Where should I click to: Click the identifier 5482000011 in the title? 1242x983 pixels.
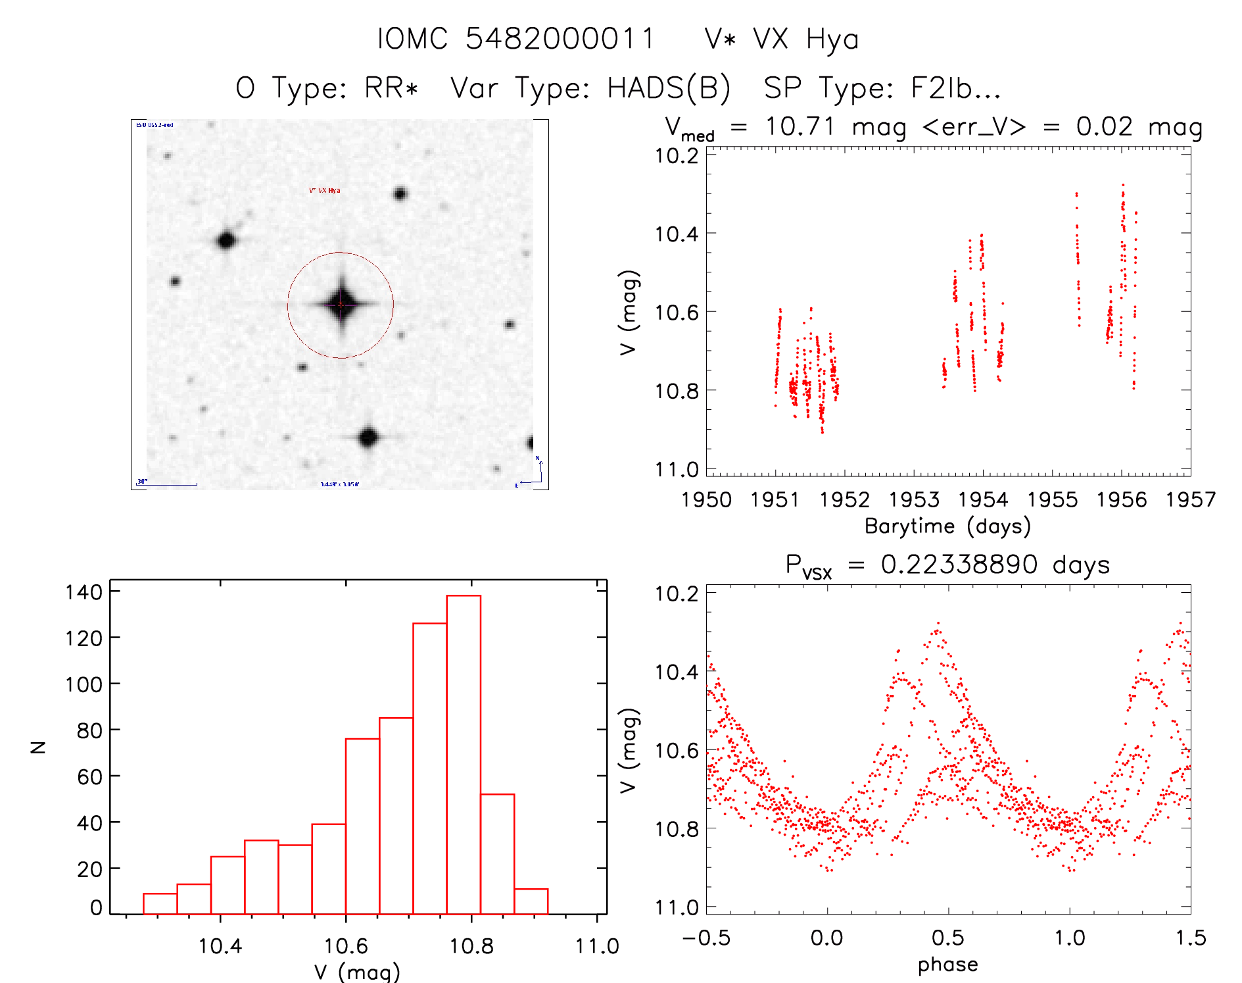point(560,39)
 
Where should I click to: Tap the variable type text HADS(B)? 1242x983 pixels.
point(669,88)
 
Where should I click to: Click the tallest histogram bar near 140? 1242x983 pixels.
point(464,754)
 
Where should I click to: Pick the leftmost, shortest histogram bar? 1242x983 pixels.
point(160,903)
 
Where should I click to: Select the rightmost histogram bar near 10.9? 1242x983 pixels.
point(531,901)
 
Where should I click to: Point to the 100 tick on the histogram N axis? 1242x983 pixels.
point(84,684)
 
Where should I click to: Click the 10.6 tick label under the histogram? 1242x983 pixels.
point(346,946)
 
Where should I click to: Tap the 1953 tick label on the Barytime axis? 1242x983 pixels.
point(914,500)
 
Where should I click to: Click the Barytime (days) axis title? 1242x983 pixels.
point(947,526)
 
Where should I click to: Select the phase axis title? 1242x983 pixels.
point(947,965)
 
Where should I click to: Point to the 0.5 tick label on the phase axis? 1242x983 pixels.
point(948,938)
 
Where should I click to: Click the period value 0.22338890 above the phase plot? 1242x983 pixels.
point(959,565)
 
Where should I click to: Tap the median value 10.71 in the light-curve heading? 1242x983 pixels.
point(800,126)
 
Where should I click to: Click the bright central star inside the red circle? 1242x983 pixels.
point(341,305)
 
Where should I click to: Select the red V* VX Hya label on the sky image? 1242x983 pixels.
point(325,190)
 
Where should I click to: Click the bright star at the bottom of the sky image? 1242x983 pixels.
point(368,437)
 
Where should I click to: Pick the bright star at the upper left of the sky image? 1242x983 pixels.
point(226,240)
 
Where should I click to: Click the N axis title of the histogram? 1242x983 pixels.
point(38,747)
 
